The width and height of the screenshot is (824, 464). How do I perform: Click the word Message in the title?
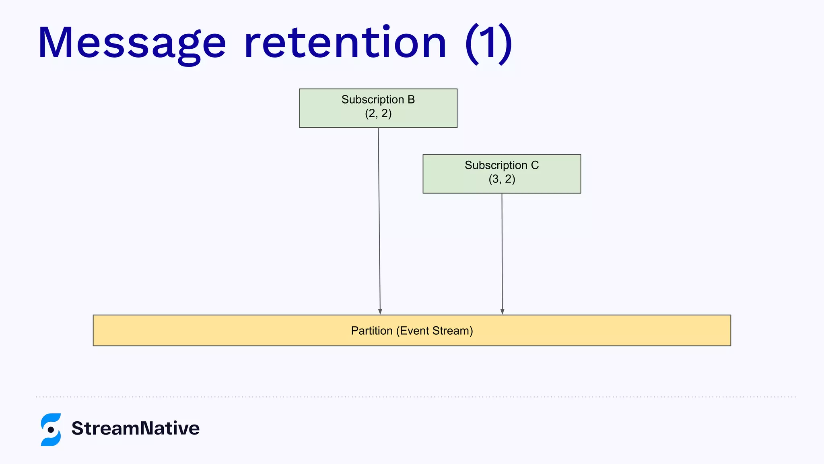(x=132, y=43)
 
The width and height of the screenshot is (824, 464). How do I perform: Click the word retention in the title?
(x=345, y=43)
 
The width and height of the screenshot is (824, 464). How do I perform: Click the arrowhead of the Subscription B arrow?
(x=380, y=311)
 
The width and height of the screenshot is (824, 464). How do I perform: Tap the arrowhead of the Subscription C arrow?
(x=502, y=311)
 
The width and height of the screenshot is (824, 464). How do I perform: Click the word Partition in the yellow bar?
(x=371, y=331)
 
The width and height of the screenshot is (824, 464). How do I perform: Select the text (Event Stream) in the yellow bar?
(x=435, y=331)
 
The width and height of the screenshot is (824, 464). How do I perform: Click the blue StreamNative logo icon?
(x=51, y=429)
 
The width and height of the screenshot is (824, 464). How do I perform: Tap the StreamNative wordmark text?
(x=135, y=428)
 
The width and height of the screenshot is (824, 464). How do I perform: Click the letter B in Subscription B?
(x=411, y=99)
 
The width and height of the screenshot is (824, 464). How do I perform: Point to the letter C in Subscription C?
(x=534, y=165)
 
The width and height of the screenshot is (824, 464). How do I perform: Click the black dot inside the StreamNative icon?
(x=51, y=430)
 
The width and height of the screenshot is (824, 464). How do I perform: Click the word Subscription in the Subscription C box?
(x=496, y=165)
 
